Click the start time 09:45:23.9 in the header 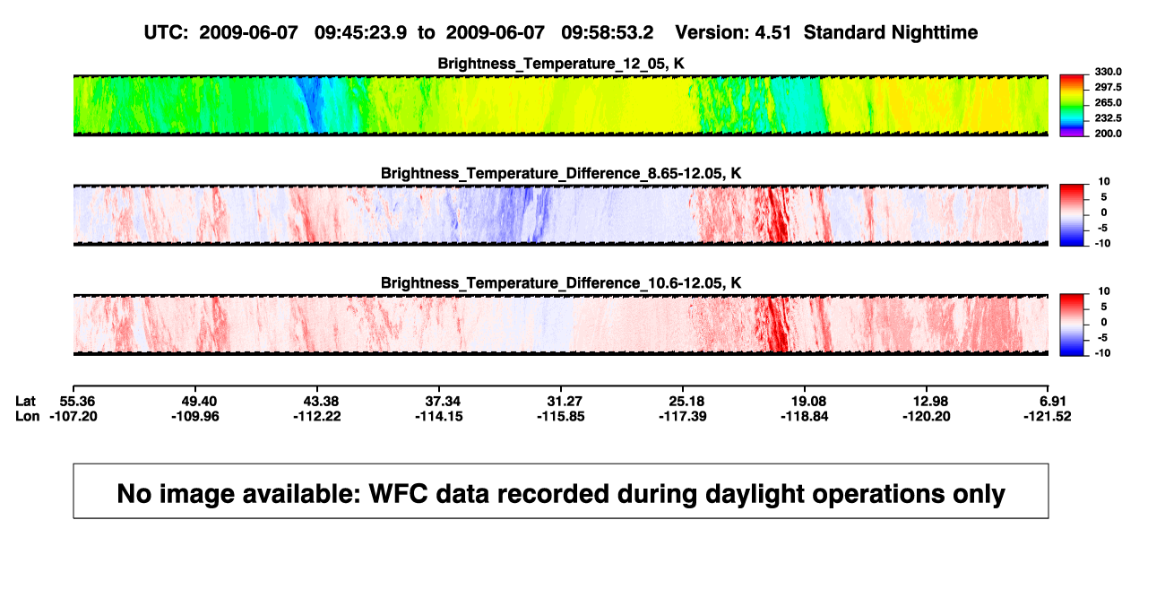tap(360, 33)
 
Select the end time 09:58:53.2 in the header tap(607, 33)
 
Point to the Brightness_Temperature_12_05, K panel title tap(561, 64)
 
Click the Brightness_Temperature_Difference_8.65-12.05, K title tap(561, 173)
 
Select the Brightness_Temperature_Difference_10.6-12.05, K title tap(561, 283)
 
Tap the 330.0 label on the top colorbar tap(1108, 72)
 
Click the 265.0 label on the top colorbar tap(1108, 102)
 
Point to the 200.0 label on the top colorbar tap(1108, 134)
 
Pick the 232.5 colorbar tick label tap(1108, 118)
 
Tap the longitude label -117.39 tap(683, 416)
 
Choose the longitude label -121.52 tap(1048, 416)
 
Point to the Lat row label tap(25, 402)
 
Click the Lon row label tap(28, 416)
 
